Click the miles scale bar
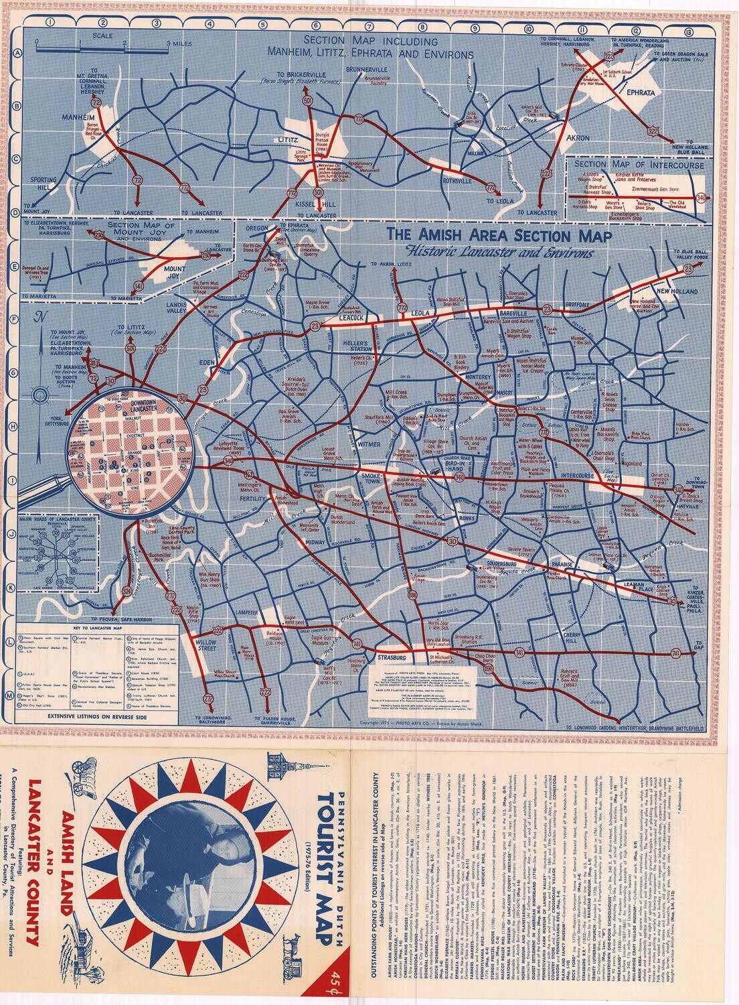click(x=101, y=48)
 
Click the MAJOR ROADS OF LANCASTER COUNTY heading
click(x=58, y=519)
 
